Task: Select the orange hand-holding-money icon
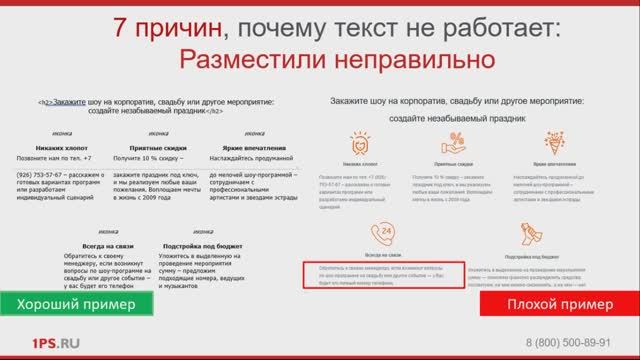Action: coord(533,233)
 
